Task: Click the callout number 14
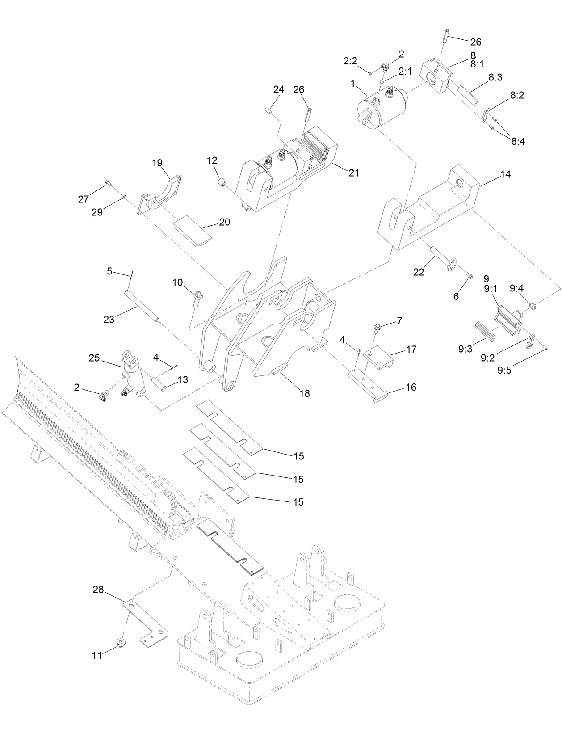point(505,175)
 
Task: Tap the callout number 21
point(354,173)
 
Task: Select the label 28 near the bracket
point(98,590)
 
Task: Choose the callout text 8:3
point(495,77)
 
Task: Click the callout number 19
point(157,163)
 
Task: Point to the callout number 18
point(305,393)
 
